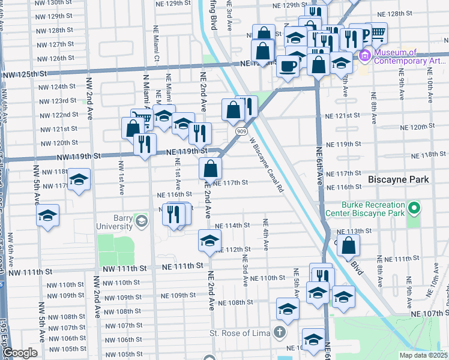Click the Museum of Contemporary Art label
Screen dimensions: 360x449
tap(410, 56)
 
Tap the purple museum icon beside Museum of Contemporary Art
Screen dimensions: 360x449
tap(364, 56)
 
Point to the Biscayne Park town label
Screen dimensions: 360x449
tap(398, 179)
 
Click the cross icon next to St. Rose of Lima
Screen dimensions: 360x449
tap(280, 331)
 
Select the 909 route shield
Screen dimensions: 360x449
tap(240, 130)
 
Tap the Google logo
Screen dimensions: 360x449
tap(20, 353)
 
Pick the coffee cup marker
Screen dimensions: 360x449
tap(288, 66)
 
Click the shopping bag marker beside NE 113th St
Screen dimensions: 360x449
tap(348, 245)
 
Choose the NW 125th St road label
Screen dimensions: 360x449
tap(23, 74)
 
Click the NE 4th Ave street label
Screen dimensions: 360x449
tap(265, 235)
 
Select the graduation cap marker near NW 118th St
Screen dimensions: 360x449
tap(78, 179)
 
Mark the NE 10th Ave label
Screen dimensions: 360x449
tap(430, 84)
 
